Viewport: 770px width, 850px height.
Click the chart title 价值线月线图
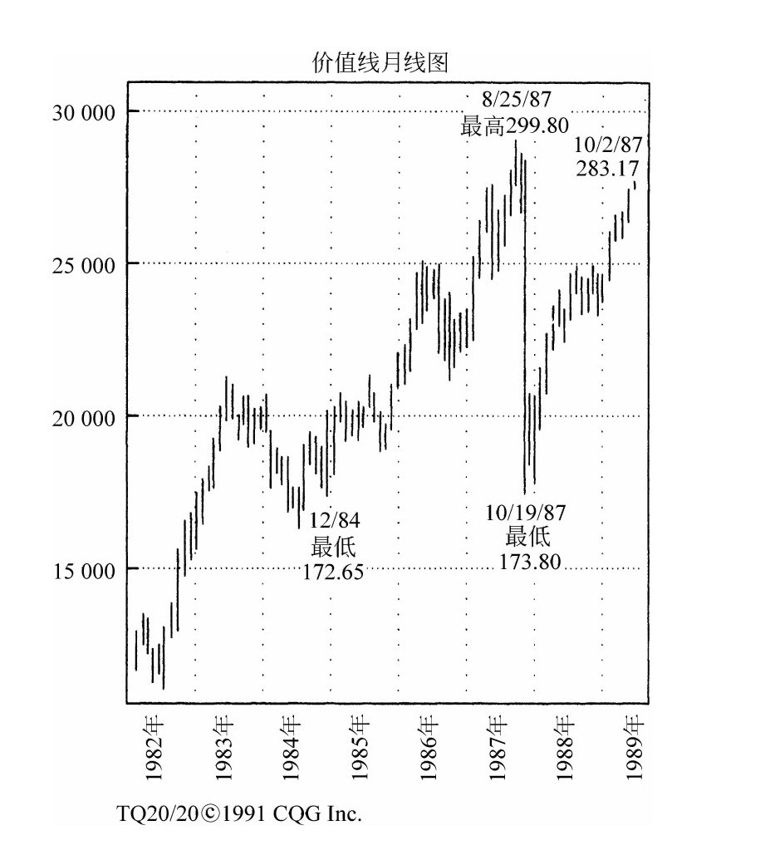point(380,63)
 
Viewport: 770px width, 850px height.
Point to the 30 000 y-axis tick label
point(81,112)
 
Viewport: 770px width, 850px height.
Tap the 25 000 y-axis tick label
point(81,264)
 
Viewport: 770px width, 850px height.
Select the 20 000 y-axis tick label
point(81,416)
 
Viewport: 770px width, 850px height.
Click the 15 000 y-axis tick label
point(81,569)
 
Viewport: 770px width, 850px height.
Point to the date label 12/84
point(336,521)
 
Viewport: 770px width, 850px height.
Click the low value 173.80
point(530,562)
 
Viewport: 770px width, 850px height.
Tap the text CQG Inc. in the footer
point(324,813)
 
